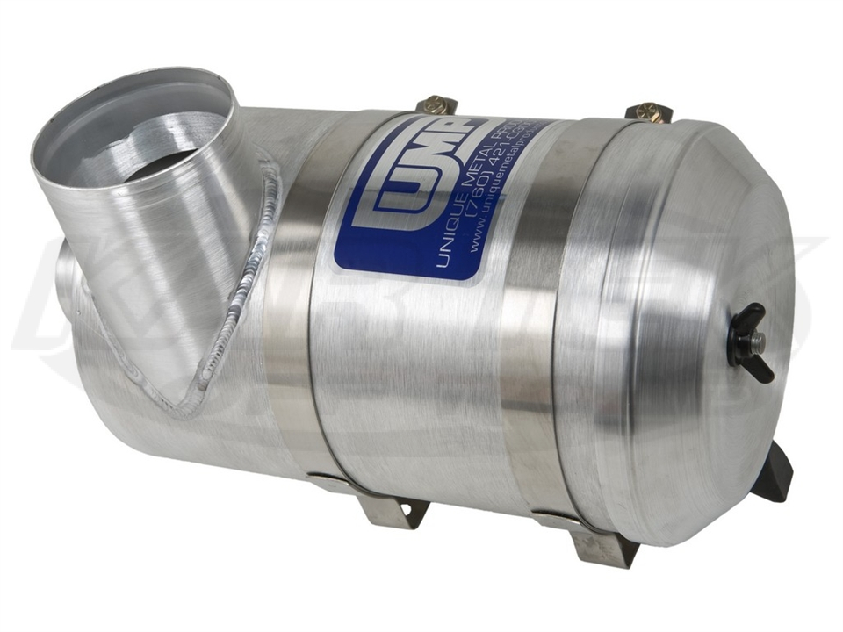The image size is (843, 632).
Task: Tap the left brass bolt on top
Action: (436, 105)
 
